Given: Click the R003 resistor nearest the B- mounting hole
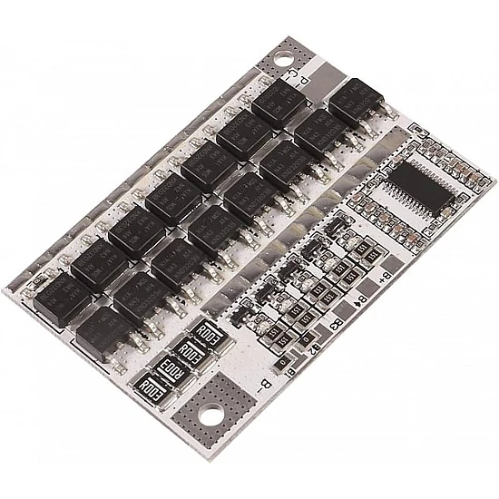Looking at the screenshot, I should pos(152,390).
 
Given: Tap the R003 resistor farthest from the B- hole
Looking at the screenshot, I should pos(210,333).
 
